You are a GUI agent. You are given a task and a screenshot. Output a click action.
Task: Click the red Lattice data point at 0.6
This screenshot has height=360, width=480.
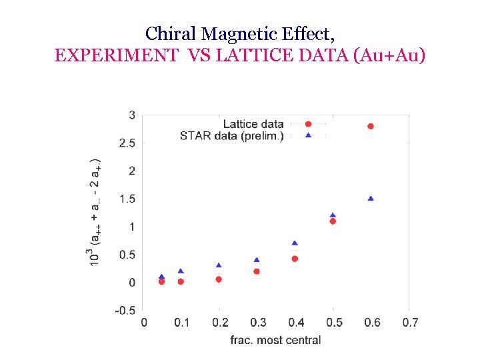[x=371, y=126]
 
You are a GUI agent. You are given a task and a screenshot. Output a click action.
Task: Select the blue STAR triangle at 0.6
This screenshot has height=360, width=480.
[x=371, y=199]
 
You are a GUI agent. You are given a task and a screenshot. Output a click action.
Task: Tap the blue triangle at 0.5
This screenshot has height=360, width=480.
[x=333, y=215]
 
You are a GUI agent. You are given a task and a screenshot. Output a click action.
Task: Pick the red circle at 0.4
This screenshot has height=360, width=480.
[x=295, y=259]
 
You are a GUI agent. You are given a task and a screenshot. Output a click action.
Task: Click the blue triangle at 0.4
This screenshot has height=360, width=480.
[x=295, y=243]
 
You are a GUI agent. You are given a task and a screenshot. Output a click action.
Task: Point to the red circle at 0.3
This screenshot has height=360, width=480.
[x=257, y=271]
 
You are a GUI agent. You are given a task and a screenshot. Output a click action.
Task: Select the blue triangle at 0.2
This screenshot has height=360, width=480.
[x=219, y=265]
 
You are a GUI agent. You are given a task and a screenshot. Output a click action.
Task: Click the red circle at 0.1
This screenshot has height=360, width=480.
[x=181, y=281]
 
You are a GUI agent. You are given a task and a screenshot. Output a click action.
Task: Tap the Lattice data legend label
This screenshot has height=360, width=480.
[x=253, y=124]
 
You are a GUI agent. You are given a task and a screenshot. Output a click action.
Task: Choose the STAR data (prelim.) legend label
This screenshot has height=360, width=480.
[x=231, y=135]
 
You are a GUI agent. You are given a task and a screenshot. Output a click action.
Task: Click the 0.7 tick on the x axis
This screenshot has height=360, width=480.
[x=410, y=323]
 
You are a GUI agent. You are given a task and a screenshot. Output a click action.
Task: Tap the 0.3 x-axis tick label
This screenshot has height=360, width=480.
[x=257, y=323]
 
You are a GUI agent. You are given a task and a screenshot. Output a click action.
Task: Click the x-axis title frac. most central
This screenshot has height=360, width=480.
[x=275, y=340]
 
